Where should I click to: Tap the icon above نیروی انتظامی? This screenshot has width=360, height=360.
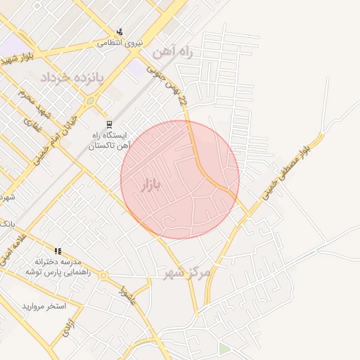tap(120, 32)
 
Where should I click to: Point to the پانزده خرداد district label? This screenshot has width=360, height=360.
tap(71, 77)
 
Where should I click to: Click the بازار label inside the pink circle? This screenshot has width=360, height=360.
tap(150, 185)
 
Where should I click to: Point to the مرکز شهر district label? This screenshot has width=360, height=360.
tap(186, 272)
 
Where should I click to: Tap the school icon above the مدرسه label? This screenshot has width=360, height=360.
tap(58, 251)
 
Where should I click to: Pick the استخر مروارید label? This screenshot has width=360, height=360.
tap(44, 307)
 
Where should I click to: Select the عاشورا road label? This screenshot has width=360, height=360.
tap(127, 295)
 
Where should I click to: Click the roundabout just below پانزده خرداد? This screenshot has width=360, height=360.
tap(90, 101)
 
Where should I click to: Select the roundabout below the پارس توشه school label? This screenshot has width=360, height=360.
tap(103, 276)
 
